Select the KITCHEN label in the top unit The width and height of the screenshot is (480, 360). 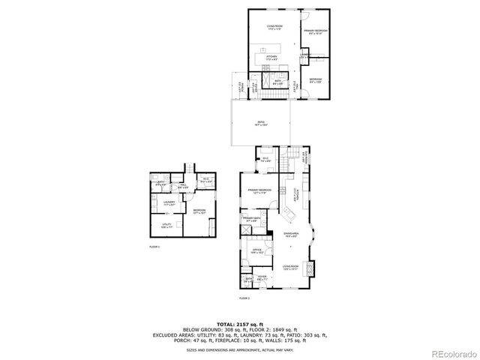(x=271, y=56)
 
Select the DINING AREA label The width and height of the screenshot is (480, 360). (x=291, y=235)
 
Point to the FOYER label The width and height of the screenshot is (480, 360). (x=262, y=277)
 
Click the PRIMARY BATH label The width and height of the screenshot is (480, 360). (x=250, y=219)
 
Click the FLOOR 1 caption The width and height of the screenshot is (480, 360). (x=154, y=246)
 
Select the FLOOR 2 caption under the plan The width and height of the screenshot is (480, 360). (x=244, y=298)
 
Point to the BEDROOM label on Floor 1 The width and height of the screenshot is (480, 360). (x=199, y=211)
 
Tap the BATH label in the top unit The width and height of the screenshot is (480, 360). (x=277, y=82)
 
